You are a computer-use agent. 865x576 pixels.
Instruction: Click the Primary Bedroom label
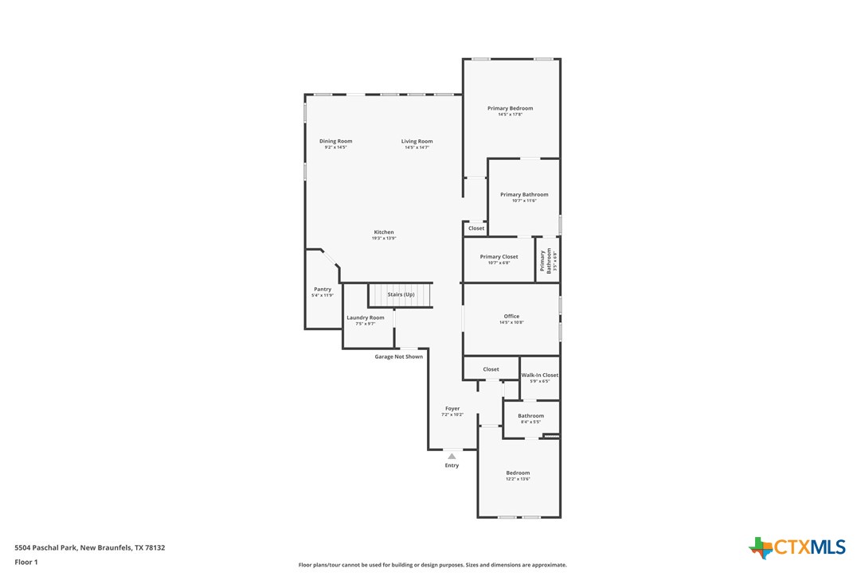[x=510, y=108]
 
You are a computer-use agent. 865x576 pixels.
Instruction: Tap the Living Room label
[x=417, y=142]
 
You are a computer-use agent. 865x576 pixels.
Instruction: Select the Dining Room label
[x=335, y=142]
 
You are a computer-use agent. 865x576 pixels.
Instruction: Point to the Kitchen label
[x=384, y=232]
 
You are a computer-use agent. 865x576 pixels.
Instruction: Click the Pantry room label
[x=323, y=290]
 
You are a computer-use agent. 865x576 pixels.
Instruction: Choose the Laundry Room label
[x=365, y=317]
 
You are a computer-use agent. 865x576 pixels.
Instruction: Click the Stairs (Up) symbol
[x=400, y=294]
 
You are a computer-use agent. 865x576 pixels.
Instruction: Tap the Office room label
[x=511, y=317]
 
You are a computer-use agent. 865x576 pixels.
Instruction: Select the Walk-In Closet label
[x=539, y=375]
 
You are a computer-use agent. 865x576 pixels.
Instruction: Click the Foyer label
[x=452, y=409]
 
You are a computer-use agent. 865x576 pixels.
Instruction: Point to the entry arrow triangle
[x=452, y=456]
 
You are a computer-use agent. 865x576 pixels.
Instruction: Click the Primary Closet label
[x=499, y=257]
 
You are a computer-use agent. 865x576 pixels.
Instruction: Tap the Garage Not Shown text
[x=399, y=356]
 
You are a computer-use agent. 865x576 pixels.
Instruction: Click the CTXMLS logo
[x=797, y=547]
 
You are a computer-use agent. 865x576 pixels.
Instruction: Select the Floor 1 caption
[x=26, y=562]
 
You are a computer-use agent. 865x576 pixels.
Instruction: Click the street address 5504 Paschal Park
[x=90, y=547]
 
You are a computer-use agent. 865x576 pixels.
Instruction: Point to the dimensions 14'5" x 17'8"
[x=510, y=115]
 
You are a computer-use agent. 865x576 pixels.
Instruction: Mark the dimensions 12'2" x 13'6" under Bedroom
[x=518, y=479]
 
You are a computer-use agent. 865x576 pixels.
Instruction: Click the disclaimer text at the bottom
[x=432, y=565]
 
